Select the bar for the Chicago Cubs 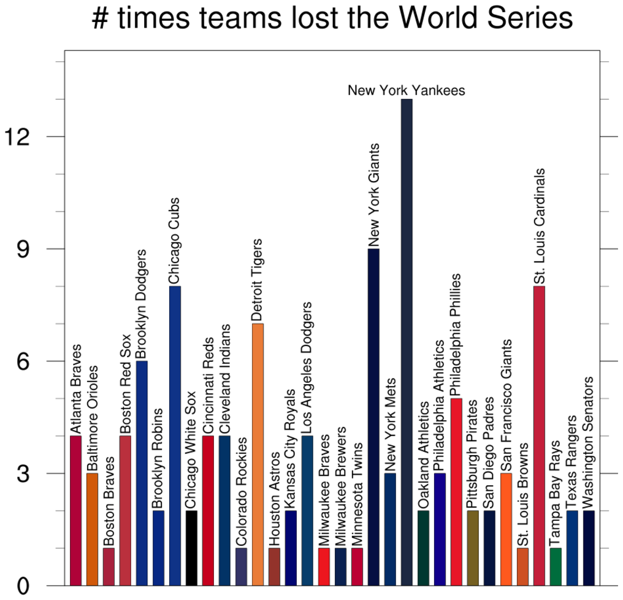click(175, 436)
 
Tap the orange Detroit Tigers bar click(258, 454)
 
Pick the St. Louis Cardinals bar click(539, 436)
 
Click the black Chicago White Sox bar click(191, 548)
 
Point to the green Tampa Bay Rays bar click(556, 566)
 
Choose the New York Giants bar click(373, 417)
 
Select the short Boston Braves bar click(109, 566)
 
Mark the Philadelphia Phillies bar click(456, 491)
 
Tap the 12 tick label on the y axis click(18, 136)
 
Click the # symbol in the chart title click(100, 19)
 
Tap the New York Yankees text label click(406, 91)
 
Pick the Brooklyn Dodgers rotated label click(141, 303)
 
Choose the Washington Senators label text click(588, 442)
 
